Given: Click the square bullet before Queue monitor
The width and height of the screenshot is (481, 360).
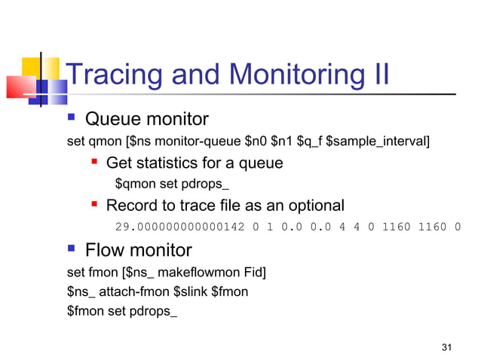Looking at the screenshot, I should (x=72, y=119).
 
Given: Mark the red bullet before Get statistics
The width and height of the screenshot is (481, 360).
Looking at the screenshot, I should (x=95, y=163).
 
